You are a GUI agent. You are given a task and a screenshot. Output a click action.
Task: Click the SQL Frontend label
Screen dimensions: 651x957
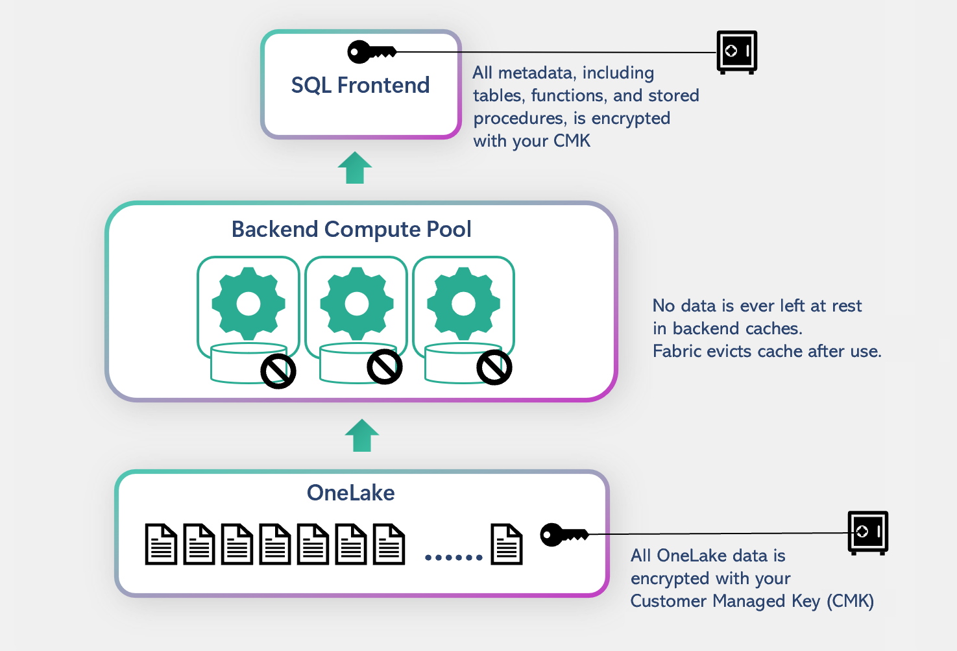[360, 85]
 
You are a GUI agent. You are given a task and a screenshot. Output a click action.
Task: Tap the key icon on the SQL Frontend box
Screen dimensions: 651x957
[371, 52]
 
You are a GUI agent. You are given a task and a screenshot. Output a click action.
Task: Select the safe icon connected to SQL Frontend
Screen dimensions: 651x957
[736, 52]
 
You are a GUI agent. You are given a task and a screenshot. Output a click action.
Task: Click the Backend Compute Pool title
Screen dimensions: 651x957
[351, 229]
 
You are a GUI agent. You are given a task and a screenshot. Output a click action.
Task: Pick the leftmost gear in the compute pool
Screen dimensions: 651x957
[248, 303]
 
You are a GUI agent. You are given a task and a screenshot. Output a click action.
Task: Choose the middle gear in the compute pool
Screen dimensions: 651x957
[356, 303]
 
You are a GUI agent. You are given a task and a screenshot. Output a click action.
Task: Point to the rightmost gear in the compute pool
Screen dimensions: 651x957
[463, 303]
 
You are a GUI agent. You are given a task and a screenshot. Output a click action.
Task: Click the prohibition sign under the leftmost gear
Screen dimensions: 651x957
[278, 371]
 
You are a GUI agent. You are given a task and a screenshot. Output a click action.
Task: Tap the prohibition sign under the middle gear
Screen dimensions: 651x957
[385, 367]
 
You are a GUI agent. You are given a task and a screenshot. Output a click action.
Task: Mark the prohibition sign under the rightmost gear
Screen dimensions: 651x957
[494, 367]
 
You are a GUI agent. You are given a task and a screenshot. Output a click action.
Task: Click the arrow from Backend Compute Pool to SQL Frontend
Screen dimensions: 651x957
[355, 167]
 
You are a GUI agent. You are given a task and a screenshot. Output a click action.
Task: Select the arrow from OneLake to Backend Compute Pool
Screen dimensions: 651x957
[362, 435]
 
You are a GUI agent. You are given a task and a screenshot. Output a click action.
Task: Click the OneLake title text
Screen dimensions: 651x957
[350, 493]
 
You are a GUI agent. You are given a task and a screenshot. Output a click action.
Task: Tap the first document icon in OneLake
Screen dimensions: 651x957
[161, 544]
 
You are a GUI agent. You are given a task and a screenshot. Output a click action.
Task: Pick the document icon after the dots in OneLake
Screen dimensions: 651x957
[507, 544]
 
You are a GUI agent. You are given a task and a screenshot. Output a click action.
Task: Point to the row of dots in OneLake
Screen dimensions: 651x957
[454, 557]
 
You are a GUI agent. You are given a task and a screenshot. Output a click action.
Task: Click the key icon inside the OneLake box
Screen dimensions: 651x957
[564, 535]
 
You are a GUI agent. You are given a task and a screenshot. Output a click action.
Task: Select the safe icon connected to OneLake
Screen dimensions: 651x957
[867, 532]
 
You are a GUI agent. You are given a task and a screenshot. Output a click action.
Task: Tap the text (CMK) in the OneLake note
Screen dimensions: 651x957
[850, 601]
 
